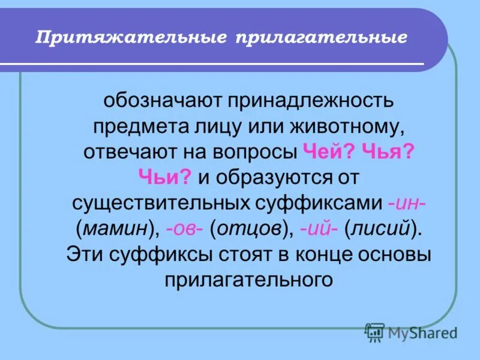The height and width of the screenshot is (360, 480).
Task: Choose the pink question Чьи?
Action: pos(164,176)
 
